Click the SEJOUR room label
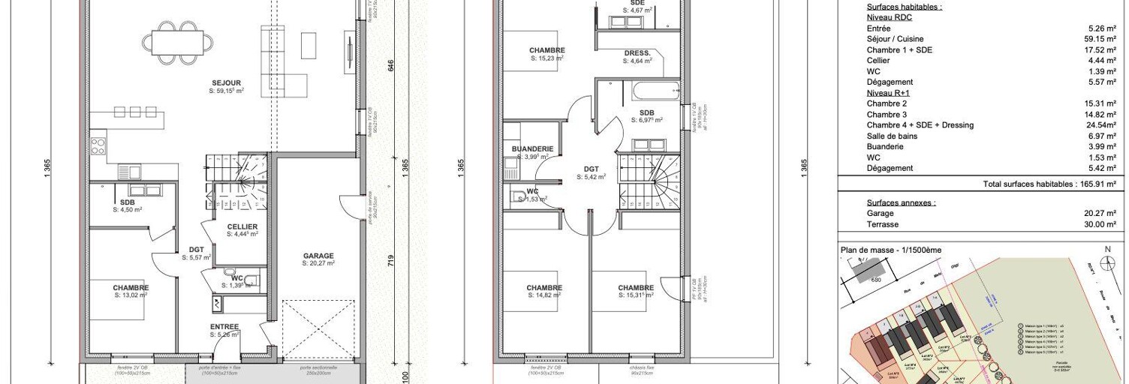226,82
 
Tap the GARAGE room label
318,256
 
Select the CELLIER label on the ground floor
242,226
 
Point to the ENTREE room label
224,327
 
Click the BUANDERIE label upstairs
533,149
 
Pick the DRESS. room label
637,53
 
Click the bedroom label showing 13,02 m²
131,288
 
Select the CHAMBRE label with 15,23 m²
546,50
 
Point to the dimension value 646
390,66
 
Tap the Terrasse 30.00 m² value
1100,224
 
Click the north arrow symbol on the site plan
1107,262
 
